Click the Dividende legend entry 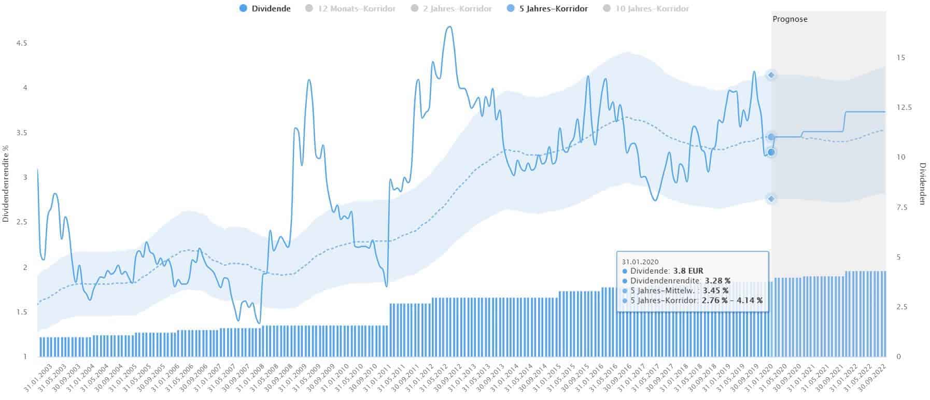(x=265, y=8)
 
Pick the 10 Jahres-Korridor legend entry (x=646, y=8)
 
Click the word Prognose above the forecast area (x=790, y=19)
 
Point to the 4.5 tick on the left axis (x=21, y=44)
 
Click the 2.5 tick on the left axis (x=21, y=222)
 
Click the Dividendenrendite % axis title (x=6, y=183)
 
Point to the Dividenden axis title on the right (x=923, y=183)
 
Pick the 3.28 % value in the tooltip (x=717, y=281)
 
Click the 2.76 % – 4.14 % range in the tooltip (x=732, y=300)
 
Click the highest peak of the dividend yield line (x=449, y=26)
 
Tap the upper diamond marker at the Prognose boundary (x=771, y=75)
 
